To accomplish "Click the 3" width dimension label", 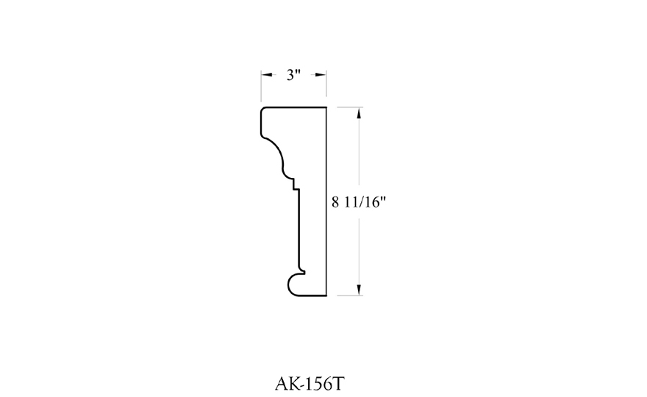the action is tap(293, 75).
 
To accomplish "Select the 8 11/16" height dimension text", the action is tap(359, 202).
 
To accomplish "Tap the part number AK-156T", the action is tap(309, 384).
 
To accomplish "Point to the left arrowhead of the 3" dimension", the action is tap(267, 75).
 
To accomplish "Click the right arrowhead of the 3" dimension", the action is tap(321, 75).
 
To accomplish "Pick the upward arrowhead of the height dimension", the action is tap(359, 112).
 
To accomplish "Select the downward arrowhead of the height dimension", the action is tap(359, 290).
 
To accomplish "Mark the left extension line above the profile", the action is tap(261, 86).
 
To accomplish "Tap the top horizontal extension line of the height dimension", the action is tap(350, 107).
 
